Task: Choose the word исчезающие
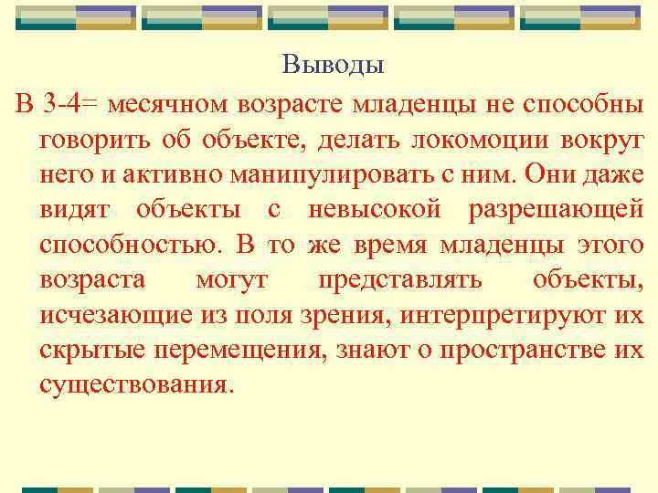110,315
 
